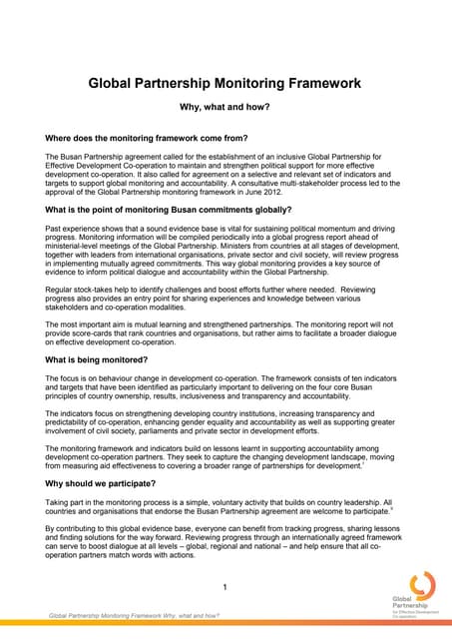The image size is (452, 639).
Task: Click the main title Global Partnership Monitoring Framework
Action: tap(226, 85)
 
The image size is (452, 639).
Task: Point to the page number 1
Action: tap(226, 586)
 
